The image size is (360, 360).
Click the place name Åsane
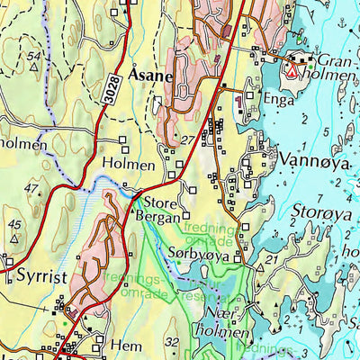[x=151, y=77]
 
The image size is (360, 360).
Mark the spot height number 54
[x=34, y=57]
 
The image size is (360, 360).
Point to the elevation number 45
[x=14, y=224]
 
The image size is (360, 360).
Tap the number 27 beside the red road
[x=187, y=141]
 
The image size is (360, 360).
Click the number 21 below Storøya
[x=270, y=260]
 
